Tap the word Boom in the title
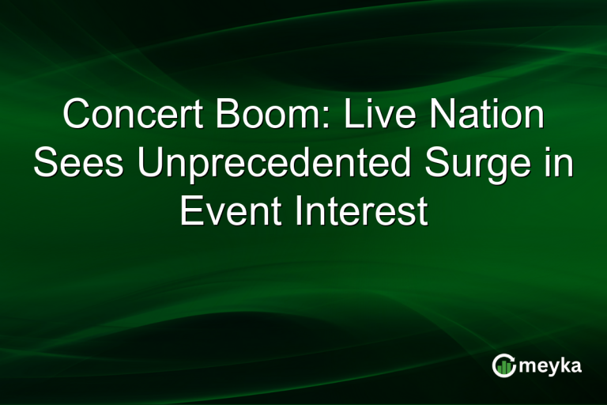click(x=251, y=115)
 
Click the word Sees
click(x=79, y=164)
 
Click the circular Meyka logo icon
click(x=503, y=365)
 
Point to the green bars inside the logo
click(x=504, y=366)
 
